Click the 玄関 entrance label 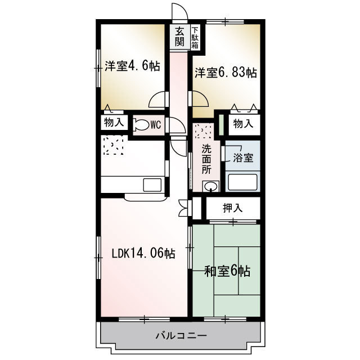click(x=179, y=37)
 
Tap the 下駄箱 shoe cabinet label click(x=195, y=38)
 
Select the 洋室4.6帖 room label click(x=133, y=66)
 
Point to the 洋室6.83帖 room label click(x=226, y=73)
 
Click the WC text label click(x=156, y=125)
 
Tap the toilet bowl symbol click(x=141, y=125)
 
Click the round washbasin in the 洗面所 click(x=210, y=186)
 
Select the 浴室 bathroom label click(x=243, y=158)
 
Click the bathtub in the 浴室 click(x=242, y=182)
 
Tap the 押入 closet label click(x=232, y=208)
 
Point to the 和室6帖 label click(x=227, y=271)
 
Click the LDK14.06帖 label click(x=143, y=254)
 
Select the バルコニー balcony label click(x=181, y=336)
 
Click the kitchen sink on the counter click(x=152, y=185)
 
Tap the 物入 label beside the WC click(x=114, y=123)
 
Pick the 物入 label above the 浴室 click(x=244, y=124)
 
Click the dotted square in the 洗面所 click(x=203, y=131)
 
